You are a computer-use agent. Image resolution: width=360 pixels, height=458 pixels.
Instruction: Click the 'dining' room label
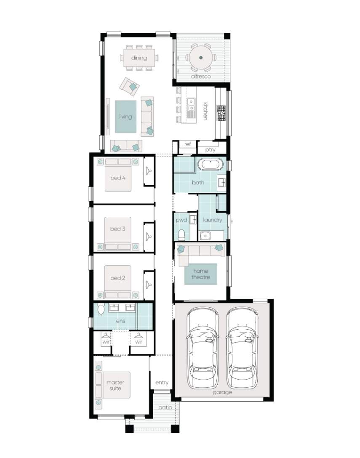point(139,58)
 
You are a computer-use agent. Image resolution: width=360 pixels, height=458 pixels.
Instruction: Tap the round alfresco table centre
point(201,58)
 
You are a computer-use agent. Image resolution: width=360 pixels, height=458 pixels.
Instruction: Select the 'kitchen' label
point(205,111)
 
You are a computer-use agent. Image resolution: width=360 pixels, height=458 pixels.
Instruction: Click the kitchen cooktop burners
point(221,113)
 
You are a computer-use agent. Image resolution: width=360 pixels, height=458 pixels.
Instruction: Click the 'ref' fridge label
point(188,144)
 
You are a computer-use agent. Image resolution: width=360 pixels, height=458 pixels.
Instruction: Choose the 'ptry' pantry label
point(210,150)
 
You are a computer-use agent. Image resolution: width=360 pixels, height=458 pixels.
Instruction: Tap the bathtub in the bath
point(210,165)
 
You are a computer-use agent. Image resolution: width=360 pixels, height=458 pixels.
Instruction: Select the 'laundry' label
point(213,220)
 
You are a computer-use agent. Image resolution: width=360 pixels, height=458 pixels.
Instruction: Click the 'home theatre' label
point(201,274)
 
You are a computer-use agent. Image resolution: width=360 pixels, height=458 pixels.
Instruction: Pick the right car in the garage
point(242,348)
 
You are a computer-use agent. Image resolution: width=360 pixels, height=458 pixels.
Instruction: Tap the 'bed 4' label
point(118,178)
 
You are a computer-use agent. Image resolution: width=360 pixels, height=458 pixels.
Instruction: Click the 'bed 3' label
point(118,229)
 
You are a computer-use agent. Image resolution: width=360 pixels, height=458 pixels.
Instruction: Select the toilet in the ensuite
point(101,309)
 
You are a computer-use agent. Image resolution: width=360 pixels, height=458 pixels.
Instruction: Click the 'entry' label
point(162,382)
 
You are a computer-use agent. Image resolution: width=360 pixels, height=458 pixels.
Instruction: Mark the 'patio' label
point(165,407)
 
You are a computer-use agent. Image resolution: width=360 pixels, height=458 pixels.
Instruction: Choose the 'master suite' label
point(115,385)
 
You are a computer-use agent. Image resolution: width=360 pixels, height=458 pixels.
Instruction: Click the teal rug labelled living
point(125,117)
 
